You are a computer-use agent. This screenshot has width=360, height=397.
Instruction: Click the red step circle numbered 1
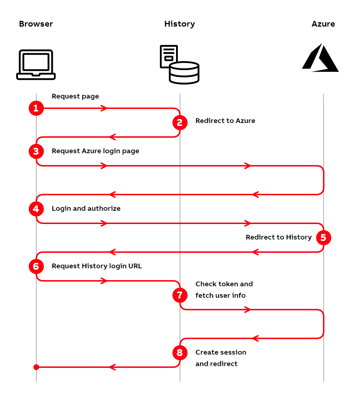(36, 108)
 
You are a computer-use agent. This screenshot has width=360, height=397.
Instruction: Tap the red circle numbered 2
(180, 123)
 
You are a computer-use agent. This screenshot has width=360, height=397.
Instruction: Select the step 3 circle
(36, 151)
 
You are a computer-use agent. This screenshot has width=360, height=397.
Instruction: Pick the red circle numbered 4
(36, 209)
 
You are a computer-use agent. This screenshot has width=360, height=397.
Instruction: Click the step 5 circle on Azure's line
(323, 238)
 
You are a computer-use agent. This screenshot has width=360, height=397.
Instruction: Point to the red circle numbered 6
(36, 266)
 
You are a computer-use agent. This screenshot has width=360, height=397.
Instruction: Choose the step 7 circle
(180, 295)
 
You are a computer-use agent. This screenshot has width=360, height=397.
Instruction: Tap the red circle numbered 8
(180, 353)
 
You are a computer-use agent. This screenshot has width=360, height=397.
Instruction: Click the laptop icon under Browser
(36, 65)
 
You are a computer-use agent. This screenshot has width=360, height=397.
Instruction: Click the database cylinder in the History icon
(184, 73)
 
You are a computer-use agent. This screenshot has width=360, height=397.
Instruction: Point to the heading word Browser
(36, 24)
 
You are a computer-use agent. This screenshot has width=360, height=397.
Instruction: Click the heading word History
(180, 24)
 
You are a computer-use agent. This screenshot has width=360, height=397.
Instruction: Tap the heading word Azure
(323, 24)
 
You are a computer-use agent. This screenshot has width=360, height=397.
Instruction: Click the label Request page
(75, 96)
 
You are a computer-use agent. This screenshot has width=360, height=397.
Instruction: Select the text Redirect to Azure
(225, 121)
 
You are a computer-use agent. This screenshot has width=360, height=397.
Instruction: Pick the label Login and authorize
(86, 209)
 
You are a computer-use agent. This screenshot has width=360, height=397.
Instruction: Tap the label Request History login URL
(97, 266)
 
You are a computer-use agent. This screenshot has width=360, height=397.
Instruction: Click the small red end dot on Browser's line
(36, 367)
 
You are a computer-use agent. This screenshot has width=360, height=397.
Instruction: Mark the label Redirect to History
(279, 237)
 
